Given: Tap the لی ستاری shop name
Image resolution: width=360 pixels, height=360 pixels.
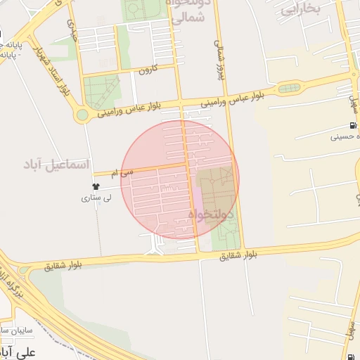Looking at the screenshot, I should click(x=97, y=199).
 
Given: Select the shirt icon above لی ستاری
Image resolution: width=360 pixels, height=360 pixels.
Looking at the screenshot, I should click(x=96, y=186).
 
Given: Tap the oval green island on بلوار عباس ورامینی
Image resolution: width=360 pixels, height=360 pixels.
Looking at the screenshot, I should click(x=288, y=89).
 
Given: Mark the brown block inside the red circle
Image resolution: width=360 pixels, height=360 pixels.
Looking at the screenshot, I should click(x=214, y=188).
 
